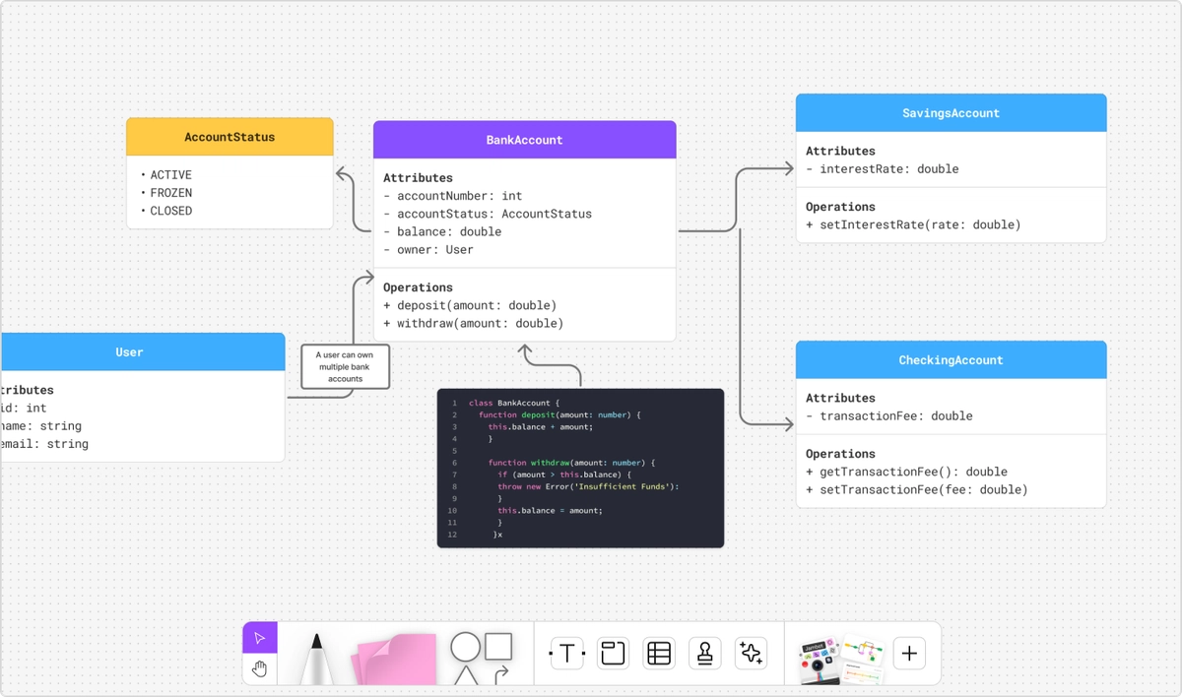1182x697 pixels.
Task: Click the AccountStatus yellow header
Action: (230, 137)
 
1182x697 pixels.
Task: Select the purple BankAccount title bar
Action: (524, 140)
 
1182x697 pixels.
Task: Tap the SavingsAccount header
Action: (951, 113)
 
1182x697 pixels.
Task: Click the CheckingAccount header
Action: (951, 360)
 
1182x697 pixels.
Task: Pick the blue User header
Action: (130, 352)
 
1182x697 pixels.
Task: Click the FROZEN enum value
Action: (171, 193)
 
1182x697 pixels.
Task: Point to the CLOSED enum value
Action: (171, 211)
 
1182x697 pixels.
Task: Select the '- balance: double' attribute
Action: (442, 231)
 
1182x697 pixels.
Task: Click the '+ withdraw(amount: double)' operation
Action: (473, 323)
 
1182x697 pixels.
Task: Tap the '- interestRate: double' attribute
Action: (882, 169)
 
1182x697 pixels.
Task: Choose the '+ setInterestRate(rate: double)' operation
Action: (913, 224)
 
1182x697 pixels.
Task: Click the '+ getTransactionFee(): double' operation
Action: (906, 472)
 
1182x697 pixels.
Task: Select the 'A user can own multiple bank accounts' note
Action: (345, 366)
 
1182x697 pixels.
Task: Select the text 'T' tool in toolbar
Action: (566, 653)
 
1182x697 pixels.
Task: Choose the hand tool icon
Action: (260, 669)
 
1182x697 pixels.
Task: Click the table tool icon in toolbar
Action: (659, 653)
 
